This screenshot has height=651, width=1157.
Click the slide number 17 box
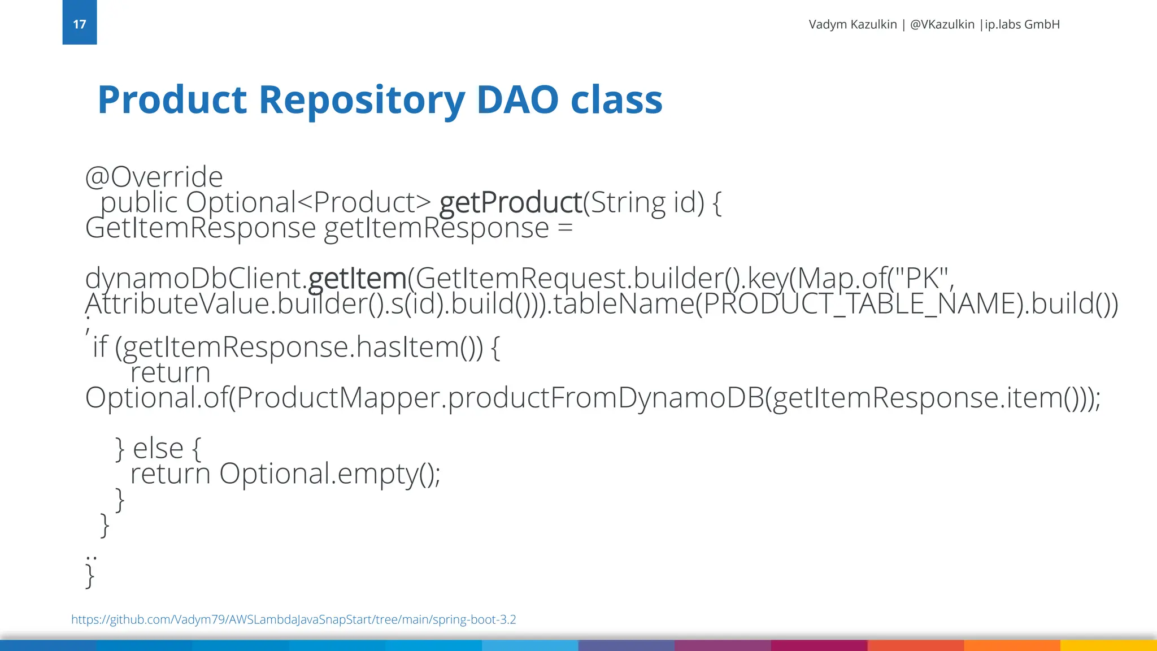tap(79, 23)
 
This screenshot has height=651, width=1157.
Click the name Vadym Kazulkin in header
tap(852, 24)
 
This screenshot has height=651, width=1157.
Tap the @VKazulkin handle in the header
tap(942, 24)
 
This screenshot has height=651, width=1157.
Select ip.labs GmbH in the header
tap(1022, 24)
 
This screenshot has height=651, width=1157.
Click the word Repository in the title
tap(362, 100)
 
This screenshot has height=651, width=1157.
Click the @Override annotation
tap(154, 177)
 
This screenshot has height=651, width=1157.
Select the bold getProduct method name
tap(511, 202)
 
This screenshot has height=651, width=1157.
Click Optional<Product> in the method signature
tap(308, 202)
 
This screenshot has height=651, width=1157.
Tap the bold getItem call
tap(357, 278)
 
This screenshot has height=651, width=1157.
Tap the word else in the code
tap(158, 449)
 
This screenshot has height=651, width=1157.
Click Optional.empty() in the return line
tap(329, 474)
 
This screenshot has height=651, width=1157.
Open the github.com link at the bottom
tap(293, 619)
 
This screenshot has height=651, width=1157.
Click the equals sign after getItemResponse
tap(564, 228)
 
